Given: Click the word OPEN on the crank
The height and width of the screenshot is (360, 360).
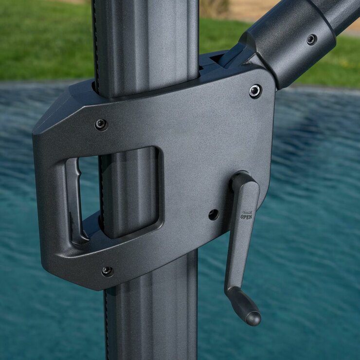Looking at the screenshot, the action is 246,217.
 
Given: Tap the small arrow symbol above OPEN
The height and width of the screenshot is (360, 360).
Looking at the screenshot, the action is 247,212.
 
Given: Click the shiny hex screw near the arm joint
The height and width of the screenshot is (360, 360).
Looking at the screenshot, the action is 255,91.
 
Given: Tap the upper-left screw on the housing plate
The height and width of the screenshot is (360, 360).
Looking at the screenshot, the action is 101,125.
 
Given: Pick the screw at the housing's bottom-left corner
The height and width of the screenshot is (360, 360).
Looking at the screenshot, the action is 107,271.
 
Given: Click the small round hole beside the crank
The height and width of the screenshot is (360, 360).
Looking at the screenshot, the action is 214,215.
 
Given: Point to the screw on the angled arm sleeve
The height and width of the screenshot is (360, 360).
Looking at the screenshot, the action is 311,39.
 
